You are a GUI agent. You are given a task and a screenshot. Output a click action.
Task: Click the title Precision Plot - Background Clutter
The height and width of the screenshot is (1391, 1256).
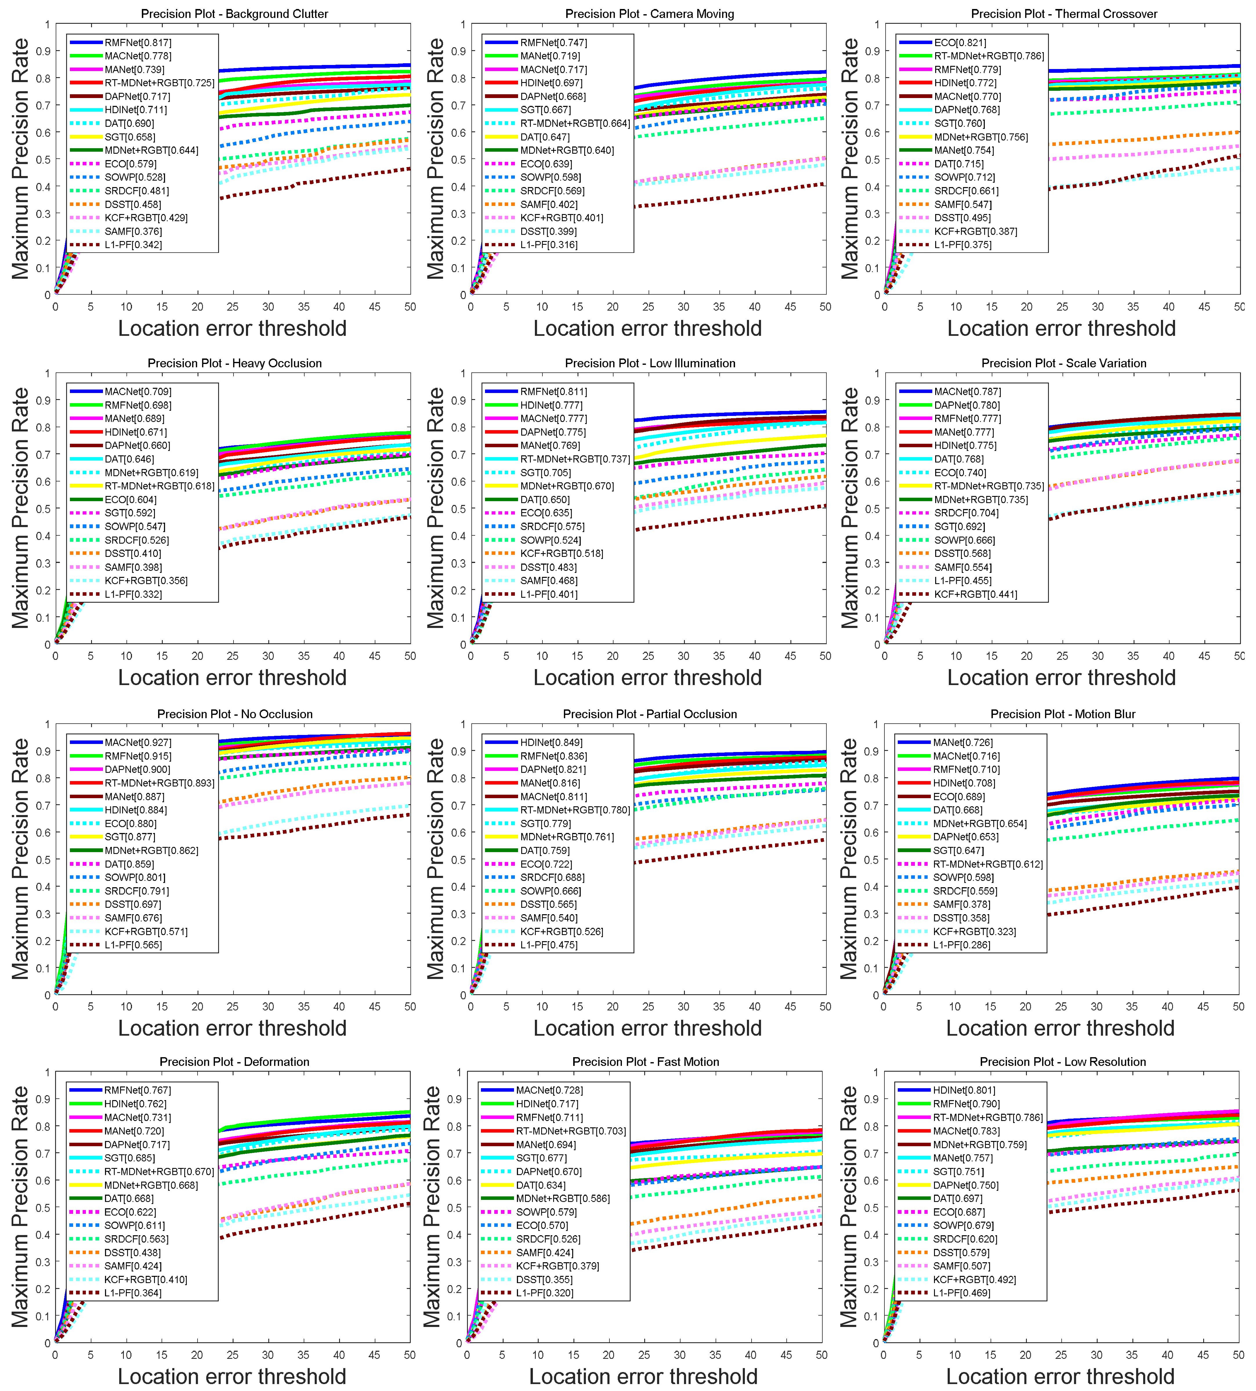(x=235, y=14)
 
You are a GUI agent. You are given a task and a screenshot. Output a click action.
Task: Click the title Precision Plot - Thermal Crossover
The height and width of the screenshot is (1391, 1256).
(x=1064, y=14)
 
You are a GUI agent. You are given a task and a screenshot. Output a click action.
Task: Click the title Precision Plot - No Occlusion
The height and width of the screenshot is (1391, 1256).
(x=235, y=714)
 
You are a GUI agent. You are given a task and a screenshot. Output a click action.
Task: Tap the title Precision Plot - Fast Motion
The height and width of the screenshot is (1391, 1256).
(x=645, y=1062)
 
